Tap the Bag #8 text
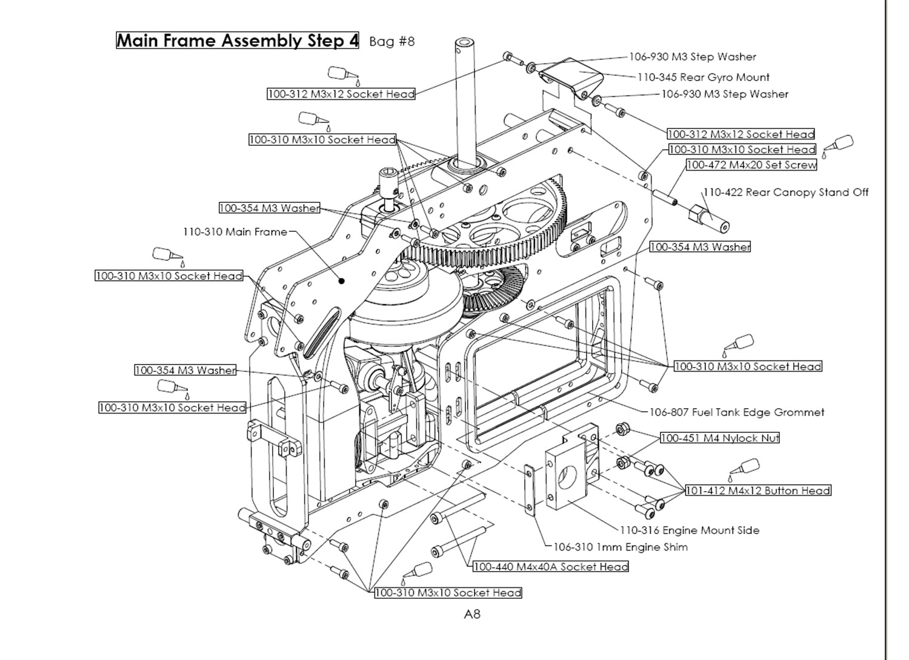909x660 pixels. (391, 41)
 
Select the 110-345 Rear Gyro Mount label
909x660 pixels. (703, 78)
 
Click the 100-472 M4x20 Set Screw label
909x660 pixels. (751, 165)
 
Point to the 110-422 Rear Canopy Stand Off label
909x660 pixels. (785, 193)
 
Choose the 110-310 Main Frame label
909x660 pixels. (235, 232)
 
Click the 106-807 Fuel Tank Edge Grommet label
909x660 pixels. (736, 412)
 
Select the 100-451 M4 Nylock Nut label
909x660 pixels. (719, 438)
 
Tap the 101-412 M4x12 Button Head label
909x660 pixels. (757, 490)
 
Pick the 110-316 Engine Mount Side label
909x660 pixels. (689, 530)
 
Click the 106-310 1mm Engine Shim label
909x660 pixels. (621, 547)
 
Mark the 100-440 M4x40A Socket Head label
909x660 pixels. (550, 567)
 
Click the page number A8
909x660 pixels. (472, 614)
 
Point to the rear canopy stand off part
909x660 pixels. (709, 218)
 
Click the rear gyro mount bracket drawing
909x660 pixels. (571, 76)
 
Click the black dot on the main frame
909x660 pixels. (342, 281)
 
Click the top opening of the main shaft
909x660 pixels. (465, 43)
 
